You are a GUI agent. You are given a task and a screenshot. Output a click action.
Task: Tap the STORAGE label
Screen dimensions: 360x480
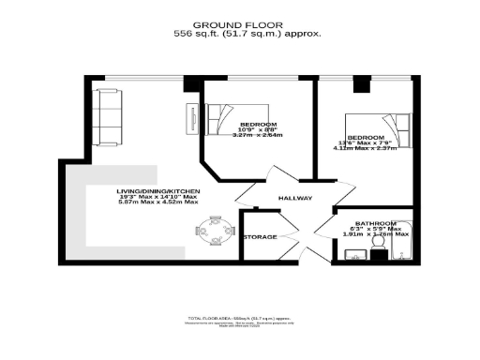260,237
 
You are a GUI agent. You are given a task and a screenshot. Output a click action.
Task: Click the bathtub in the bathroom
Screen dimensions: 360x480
404,241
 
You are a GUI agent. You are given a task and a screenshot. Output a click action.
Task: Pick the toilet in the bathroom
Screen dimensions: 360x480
381,247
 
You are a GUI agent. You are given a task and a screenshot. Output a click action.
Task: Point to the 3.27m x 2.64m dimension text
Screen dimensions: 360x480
259,134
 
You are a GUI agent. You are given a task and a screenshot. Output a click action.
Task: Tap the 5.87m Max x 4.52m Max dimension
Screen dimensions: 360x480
158,202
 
